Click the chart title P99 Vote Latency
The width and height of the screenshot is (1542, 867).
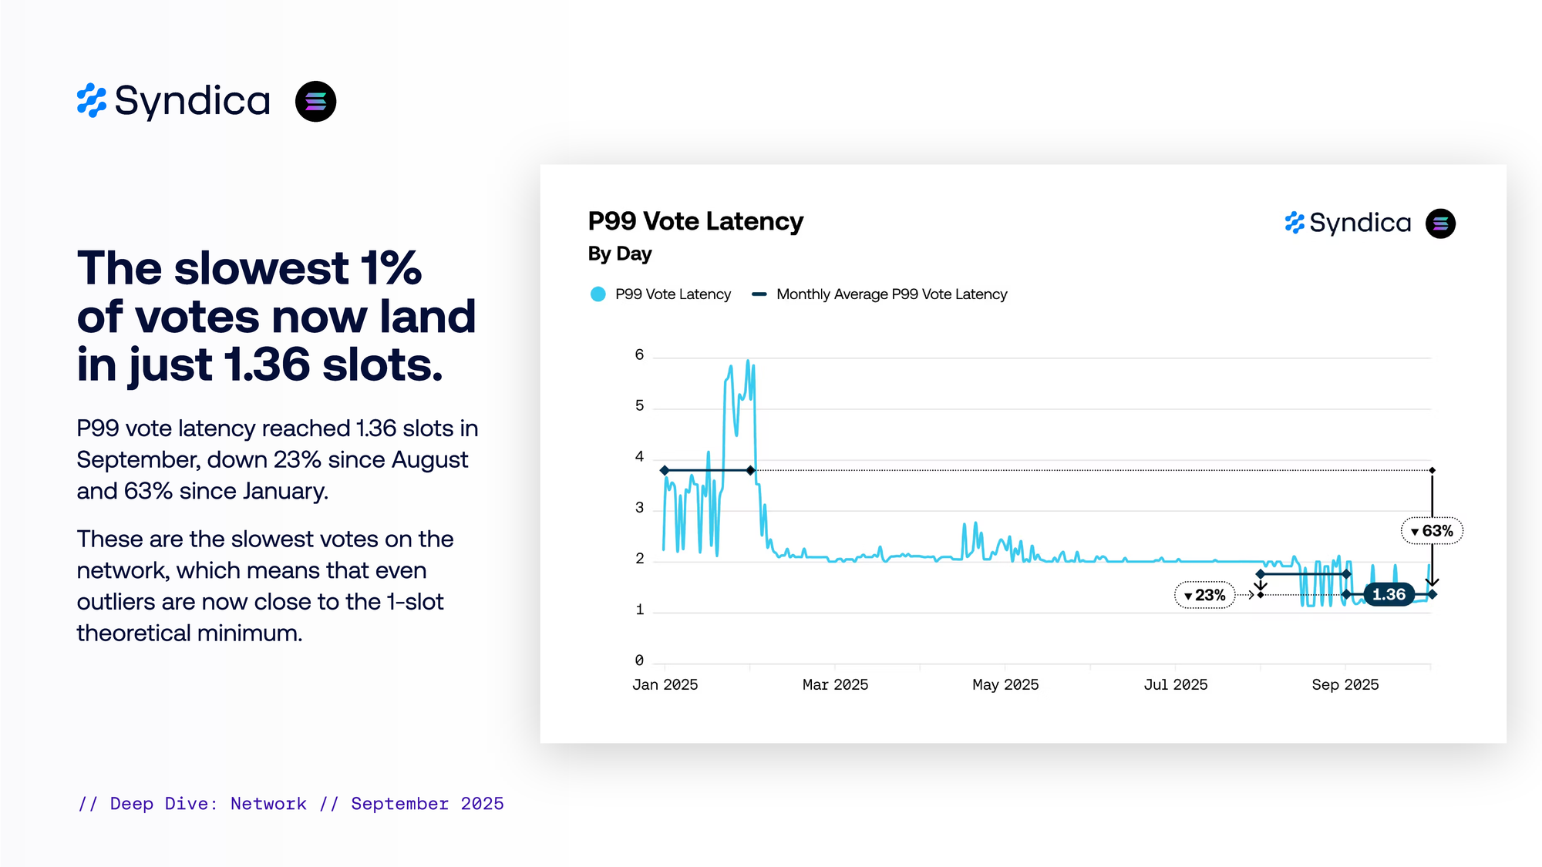click(x=695, y=221)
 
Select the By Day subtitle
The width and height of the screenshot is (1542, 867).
click(x=620, y=254)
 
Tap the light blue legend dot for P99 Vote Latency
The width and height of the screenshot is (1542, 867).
click(x=598, y=294)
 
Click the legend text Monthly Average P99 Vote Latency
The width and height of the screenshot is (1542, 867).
click(x=891, y=294)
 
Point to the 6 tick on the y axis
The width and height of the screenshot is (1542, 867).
click(x=639, y=355)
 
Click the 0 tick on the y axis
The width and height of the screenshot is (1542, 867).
click(x=639, y=660)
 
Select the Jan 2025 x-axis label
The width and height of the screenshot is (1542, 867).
click(x=665, y=684)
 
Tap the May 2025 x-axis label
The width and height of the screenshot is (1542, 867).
click(x=1005, y=684)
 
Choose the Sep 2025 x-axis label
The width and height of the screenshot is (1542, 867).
click(x=1345, y=684)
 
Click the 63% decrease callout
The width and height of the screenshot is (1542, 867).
click(x=1432, y=531)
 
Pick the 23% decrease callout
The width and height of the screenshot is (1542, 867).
click(x=1204, y=595)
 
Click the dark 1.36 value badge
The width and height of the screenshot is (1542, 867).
click(x=1389, y=594)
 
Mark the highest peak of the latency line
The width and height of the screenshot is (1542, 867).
click(x=747, y=361)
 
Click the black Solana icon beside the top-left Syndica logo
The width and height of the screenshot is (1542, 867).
click(x=315, y=102)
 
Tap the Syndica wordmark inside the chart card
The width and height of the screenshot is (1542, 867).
click(x=1360, y=223)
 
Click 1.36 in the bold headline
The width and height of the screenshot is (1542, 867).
click(x=267, y=365)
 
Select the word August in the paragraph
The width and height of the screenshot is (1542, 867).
click(x=429, y=460)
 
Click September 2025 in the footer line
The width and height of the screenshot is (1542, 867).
click(x=427, y=804)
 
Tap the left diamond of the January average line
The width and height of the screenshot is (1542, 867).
click(x=665, y=470)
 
